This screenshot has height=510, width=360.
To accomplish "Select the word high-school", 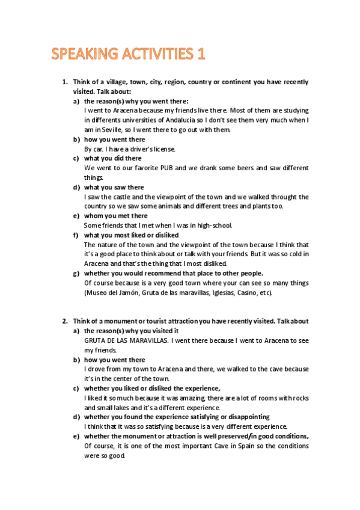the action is pos(213,226).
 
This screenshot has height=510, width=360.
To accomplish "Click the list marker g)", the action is pos(76,273).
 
